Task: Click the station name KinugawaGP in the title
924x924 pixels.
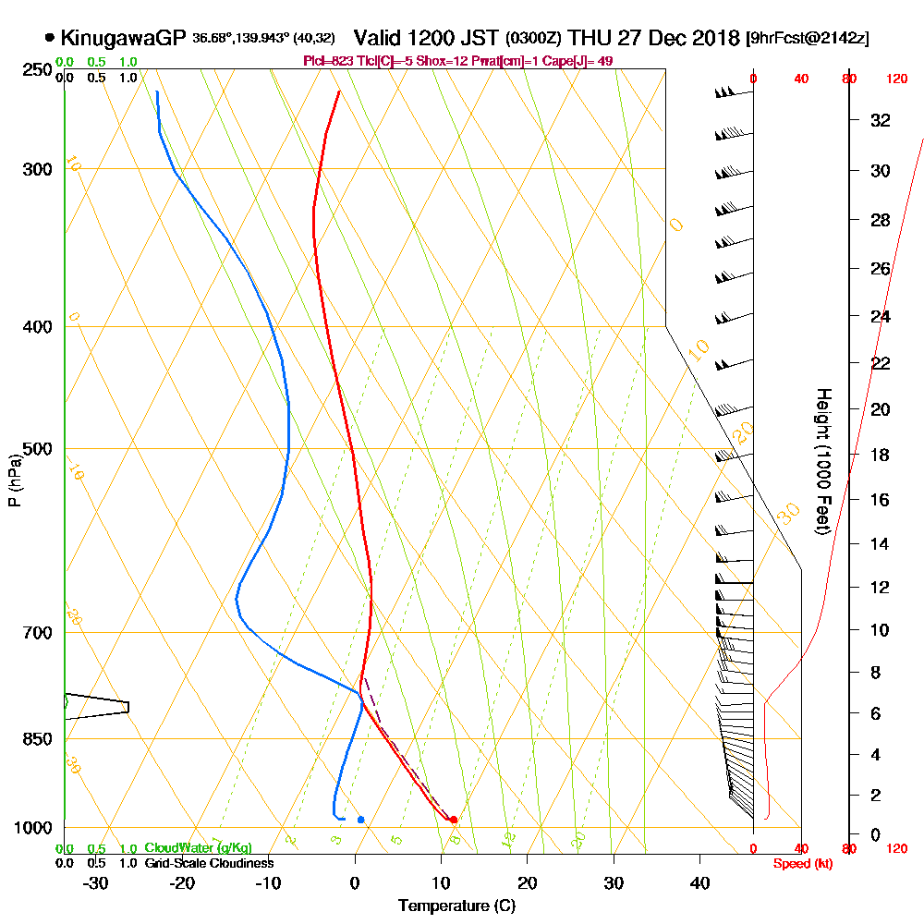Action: [x=125, y=38]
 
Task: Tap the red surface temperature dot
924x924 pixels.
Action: [x=454, y=820]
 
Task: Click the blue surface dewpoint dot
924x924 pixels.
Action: [x=360, y=820]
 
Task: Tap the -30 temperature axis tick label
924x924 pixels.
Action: [x=96, y=882]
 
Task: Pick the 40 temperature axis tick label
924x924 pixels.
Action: [x=700, y=882]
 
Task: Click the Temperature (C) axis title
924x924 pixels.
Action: [x=456, y=906]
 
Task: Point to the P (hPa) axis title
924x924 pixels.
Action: [x=14, y=480]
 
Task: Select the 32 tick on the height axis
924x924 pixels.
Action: [x=881, y=120]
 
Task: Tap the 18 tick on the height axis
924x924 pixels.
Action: [x=881, y=454]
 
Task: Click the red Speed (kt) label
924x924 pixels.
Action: [x=799, y=863]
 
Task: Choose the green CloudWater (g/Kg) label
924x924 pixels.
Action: [x=198, y=848]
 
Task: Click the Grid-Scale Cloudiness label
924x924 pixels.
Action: [x=209, y=863]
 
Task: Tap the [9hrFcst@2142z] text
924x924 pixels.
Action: [x=808, y=39]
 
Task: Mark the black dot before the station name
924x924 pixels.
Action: [x=49, y=38]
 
